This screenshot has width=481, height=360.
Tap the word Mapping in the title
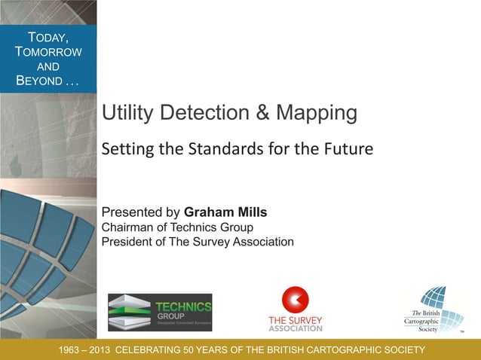[316, 114]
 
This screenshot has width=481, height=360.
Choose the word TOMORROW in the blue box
[48, 51]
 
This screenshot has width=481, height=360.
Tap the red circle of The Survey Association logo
[296, 301]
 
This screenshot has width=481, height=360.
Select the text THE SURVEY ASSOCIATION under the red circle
[296, 325]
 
